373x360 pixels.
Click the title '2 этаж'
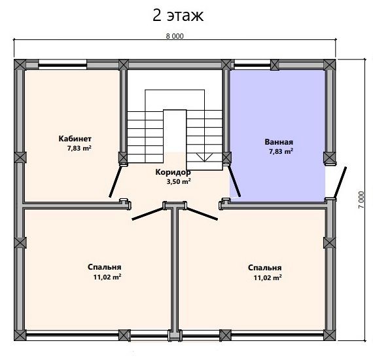(178, 16)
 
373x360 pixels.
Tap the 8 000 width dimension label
(175, 36)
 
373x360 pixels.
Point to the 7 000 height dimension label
(361, 200)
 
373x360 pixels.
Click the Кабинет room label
(75, 139)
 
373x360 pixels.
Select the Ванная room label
(279, 142)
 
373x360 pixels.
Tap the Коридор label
(173, 172)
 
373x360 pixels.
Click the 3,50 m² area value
(179, 182)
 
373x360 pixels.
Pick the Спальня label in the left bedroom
(105, 267)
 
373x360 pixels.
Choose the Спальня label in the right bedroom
(265, 268)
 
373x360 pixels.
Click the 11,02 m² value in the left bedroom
(107, 277)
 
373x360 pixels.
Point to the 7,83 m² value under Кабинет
(79, 149)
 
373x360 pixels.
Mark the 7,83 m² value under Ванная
(281, 152)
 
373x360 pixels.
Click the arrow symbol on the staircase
(204, 157)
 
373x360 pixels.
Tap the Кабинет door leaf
(115, 181)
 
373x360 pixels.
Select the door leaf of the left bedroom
(147, 213)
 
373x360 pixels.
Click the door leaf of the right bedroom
(202, 213)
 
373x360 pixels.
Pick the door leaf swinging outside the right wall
(340, 183)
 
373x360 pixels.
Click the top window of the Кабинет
(63, 64)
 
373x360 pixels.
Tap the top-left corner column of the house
(20, 65)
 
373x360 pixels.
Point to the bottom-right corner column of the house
(329, 335)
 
